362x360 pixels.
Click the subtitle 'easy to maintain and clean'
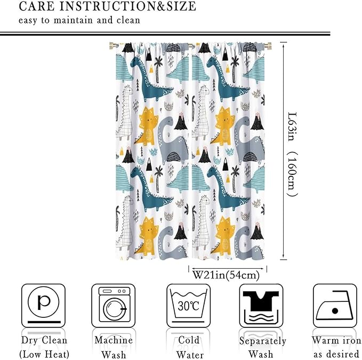point(79,21)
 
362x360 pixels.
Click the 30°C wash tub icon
point(188,305)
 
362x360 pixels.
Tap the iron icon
point(334,305)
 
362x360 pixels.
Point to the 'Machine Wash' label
point(113,347)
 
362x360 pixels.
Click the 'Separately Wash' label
point(262,347)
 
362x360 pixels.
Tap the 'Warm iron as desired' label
point(336,347)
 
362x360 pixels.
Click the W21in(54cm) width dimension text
point(226,275)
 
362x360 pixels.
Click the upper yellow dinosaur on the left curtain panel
point(147,126)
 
